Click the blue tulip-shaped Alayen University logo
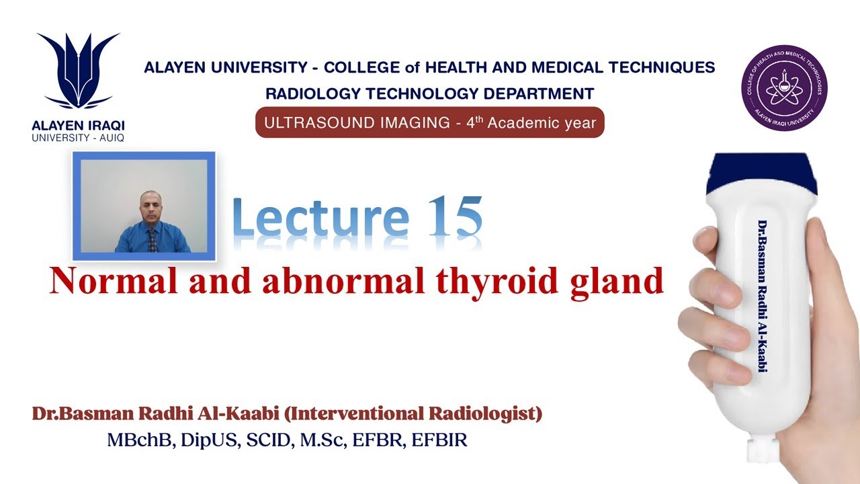tap(78, 71)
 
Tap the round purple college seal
tap(783, 88)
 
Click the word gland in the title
tap(621, 281)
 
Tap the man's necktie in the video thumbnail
tap(152, 240)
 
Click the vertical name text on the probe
tap(763, 296)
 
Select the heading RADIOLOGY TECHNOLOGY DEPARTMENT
tap(430, 93)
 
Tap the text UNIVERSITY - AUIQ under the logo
tap(78, 137)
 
